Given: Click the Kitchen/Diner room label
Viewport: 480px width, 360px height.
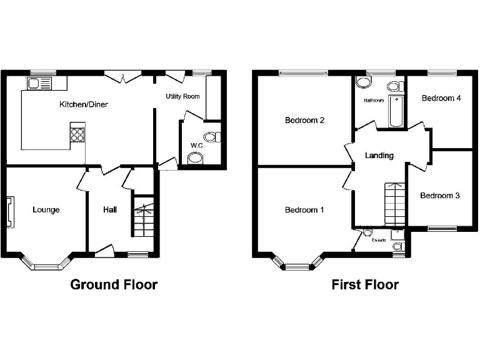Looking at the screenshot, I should coord(83,104).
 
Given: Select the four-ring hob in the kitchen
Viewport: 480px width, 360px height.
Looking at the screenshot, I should coord(78,135).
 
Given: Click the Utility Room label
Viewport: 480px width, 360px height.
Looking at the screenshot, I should coord(182,96).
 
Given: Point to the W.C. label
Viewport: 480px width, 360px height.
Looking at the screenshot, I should coord(196,146).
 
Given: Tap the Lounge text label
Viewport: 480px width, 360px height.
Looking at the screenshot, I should coord(46,210).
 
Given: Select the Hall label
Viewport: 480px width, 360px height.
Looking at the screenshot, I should coord(110,210).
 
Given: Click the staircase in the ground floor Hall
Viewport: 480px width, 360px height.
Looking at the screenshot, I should coord(143,216).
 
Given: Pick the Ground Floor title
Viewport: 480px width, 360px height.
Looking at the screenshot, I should coord(114,285).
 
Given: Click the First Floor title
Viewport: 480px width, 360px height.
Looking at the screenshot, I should coord(365,285).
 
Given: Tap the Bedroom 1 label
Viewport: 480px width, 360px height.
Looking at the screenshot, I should coord(304,210).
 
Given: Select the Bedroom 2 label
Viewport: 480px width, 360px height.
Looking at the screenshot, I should coord(304,121).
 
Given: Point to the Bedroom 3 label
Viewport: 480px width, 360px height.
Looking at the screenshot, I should coord(439,196).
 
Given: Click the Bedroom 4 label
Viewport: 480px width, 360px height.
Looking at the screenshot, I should coord(441,98).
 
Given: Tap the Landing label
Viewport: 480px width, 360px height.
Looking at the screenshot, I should coord(379,156).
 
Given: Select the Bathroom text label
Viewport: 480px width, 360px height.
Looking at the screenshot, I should coord(374,100).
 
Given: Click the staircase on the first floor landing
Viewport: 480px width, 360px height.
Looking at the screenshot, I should coord(393,204).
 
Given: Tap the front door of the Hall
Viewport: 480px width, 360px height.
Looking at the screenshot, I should coord(104,250).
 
